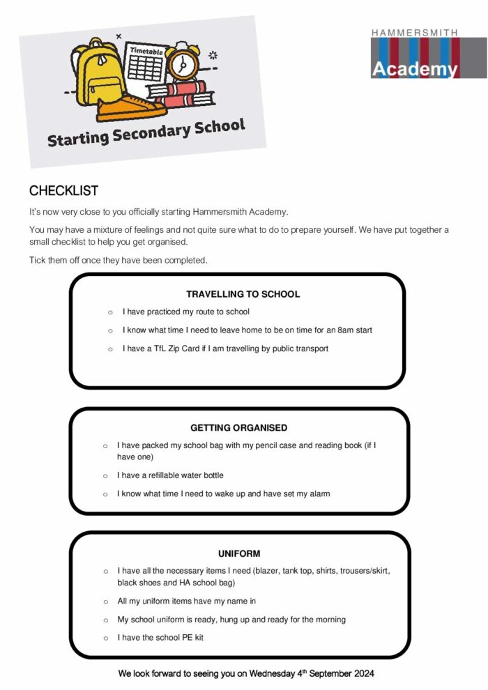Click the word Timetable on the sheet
[x=145, y=50]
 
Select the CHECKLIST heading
[x=63, y=191]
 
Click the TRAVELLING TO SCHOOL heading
[x=243, y=294]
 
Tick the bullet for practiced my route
[x=110, y=312]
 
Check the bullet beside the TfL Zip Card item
[x=110, y=348]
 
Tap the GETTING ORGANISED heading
[x=238, y=428]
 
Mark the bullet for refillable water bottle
[x=105, y=475]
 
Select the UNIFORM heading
[x=238, y=554]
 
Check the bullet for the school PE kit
[x=105, y=638]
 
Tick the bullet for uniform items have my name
[x=105, y=601]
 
